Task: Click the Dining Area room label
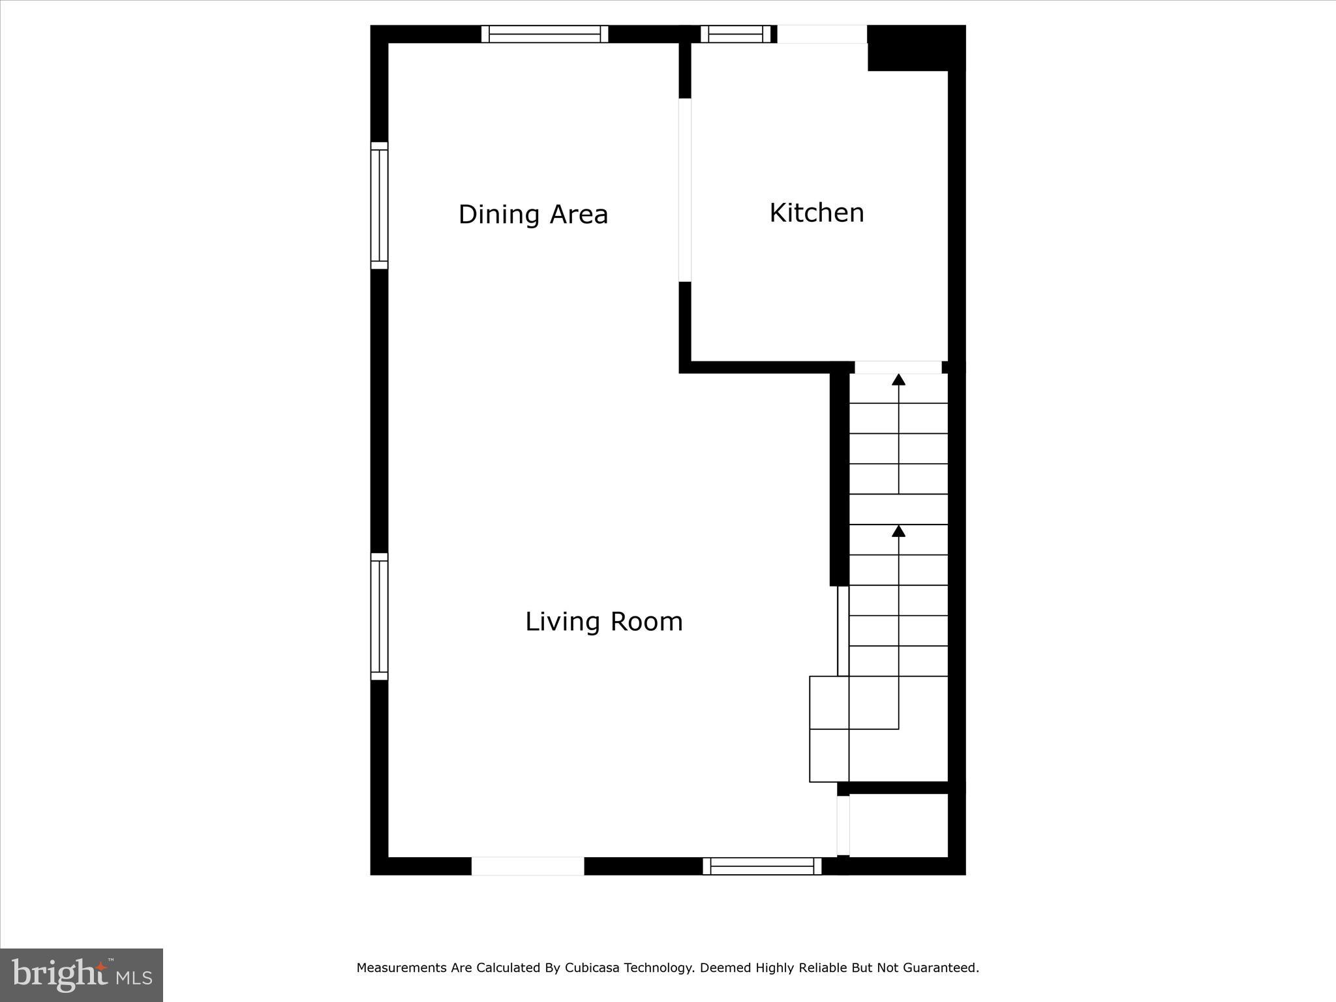tap(533, 215)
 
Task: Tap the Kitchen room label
tap(816, 213)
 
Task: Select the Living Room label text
tap(603, 621)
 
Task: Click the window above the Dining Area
tap(545, 34)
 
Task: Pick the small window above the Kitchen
tap(735, 34)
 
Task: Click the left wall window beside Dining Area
tap(379, 205)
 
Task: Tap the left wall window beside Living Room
tap(379, 616)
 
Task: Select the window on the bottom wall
tap(762, 866)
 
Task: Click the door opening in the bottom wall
tap(528, 866)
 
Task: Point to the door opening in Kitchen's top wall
tap(822, 34)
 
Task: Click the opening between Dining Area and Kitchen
tap(685, 190)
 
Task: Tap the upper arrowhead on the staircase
tap(898, 380)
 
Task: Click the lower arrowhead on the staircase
tap(898, 531)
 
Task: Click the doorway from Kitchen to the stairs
tap(898, 367)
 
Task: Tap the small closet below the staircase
tap(898, 826)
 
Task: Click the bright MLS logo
tap(82, 975)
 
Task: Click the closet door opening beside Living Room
tap(843, 825)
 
